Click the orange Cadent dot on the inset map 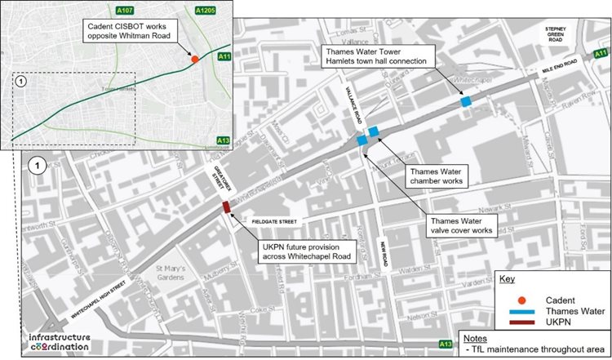click(194, 60)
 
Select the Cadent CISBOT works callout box click(137, 32)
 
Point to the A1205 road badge click(205, 10)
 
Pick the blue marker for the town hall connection click(466, 102)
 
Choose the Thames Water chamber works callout click(437, 176)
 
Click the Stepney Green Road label click(556, 33)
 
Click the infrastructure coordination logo click(58, 342)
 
